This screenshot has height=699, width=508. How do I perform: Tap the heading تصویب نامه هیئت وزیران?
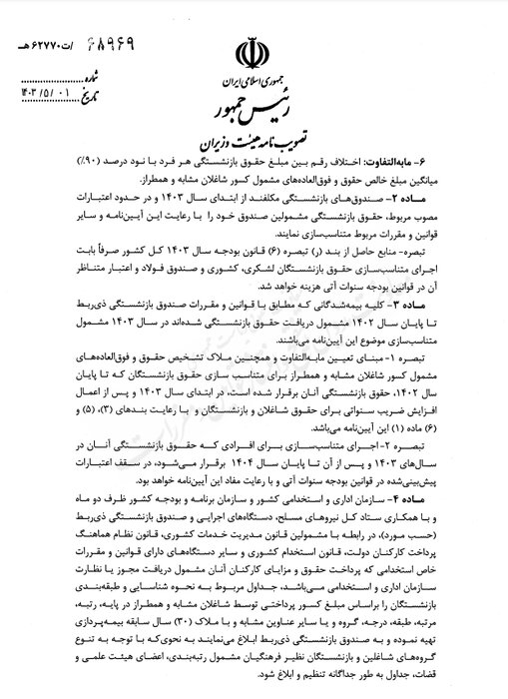(x=254, y=132)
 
